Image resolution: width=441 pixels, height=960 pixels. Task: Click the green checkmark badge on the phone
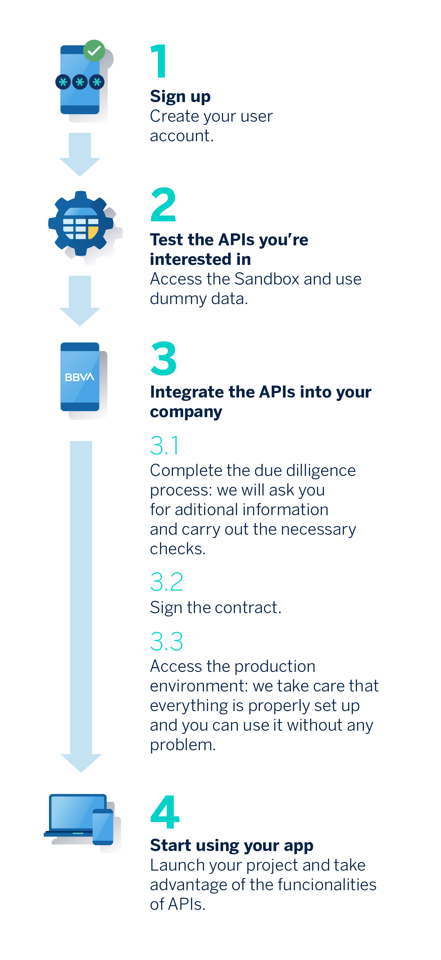(x=94, y=51)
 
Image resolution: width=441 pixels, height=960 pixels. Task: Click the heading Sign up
(x=180, y=97)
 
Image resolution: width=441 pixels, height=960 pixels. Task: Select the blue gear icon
(x=81, y=223)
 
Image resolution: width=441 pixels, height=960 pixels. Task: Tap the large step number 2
(x=163, y=204)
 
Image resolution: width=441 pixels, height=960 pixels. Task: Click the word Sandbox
(x=267, y=279)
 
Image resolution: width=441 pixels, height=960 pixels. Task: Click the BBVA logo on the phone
(x=80, y=377)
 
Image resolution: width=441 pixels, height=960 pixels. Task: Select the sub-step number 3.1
(x=164, y=445)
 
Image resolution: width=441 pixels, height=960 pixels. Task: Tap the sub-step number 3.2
(x=166, y=582)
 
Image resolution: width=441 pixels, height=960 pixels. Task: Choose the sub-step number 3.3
(x=166, y=641)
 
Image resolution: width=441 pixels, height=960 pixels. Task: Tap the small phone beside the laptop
(x=103, y=827)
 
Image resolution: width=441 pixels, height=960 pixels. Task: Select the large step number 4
(x=165, y=812)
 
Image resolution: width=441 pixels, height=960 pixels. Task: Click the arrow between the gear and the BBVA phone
(x=80, y=301)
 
